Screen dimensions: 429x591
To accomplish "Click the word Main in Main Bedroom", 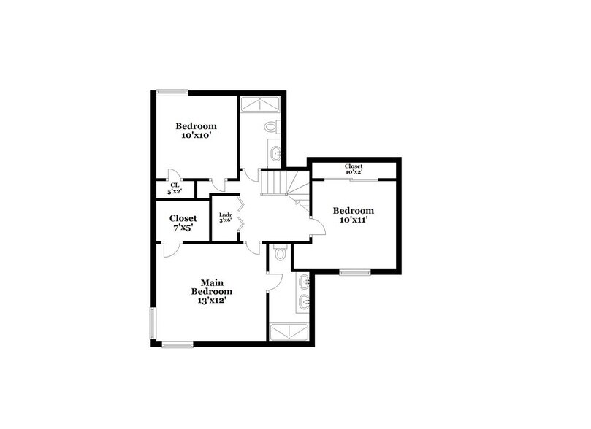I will tap(212, 282).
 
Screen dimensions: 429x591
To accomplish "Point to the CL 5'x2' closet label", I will tap(175, 188).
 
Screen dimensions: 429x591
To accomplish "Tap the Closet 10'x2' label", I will tap(354, 169).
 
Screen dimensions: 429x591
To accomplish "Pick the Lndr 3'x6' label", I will tap(226, 217).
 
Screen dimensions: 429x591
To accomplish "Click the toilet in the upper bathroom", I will tap(271, 126).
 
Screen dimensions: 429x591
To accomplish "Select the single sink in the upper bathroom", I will tap(275, 153).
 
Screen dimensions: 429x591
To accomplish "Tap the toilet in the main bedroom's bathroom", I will tap(281, 255).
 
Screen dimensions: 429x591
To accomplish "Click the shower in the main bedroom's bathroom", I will tap(291, 333).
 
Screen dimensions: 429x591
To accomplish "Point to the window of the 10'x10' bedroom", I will tap(172, 91).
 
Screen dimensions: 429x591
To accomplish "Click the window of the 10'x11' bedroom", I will tap(354, 273).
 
